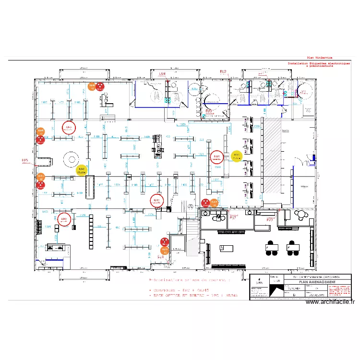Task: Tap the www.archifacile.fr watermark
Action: point(329,302)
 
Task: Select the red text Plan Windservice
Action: point(319,57)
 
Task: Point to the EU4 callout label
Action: point(162,74)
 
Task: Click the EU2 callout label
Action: point(223,72)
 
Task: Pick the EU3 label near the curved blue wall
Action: point(209,111)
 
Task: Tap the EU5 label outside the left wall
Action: point(25,160)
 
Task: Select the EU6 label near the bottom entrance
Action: point(161,257)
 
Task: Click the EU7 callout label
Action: point(233,218)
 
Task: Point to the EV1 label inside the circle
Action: point(303,91)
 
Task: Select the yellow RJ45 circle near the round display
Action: point(82,170)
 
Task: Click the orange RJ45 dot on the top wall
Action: point(92,86)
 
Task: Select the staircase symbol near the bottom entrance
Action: point(191,226)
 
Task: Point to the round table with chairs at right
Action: point(303,215)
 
